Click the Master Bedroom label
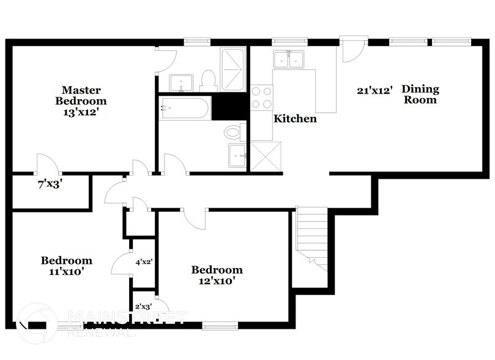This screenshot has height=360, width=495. point(81,95)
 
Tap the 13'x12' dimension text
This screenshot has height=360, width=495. point(81,113)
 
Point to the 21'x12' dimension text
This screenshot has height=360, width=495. point(374,90)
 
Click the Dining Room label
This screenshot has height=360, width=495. point(420,94)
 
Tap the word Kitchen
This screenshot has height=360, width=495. point(295,119)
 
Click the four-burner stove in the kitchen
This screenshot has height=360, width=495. point(262,97)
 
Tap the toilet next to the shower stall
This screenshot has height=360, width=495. point(207,80)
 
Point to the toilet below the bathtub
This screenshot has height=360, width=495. point(233,132)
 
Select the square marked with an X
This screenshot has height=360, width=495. point(266,156)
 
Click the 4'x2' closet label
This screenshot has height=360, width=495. point(144,261)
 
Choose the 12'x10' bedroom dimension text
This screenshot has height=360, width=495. point(217,281)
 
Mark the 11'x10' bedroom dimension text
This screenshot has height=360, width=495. point(67,271)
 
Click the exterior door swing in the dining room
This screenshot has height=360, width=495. point(352,51)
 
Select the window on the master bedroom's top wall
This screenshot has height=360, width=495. point(197,42)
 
